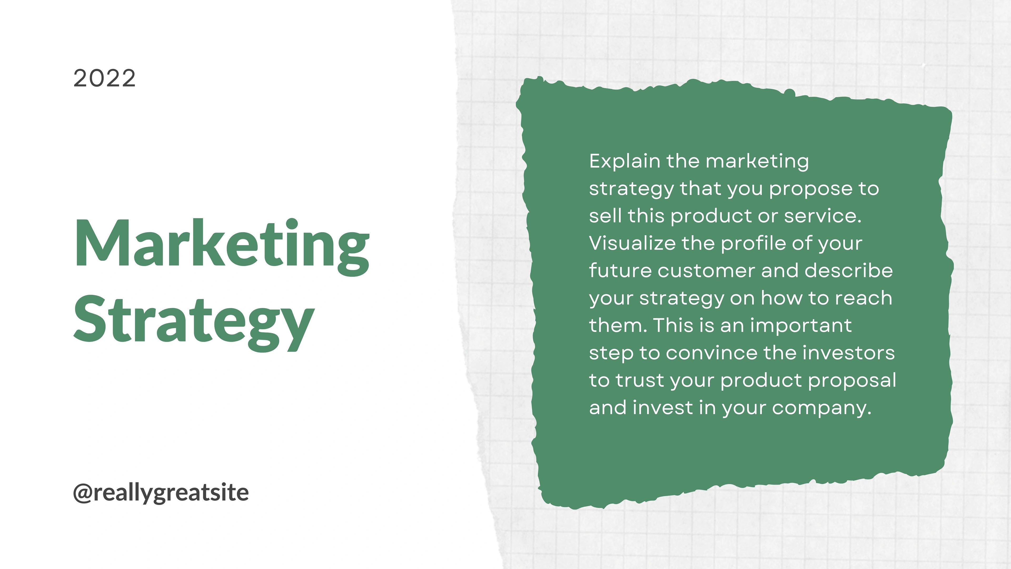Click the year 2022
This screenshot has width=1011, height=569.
105,78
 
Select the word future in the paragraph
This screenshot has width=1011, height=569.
621,271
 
